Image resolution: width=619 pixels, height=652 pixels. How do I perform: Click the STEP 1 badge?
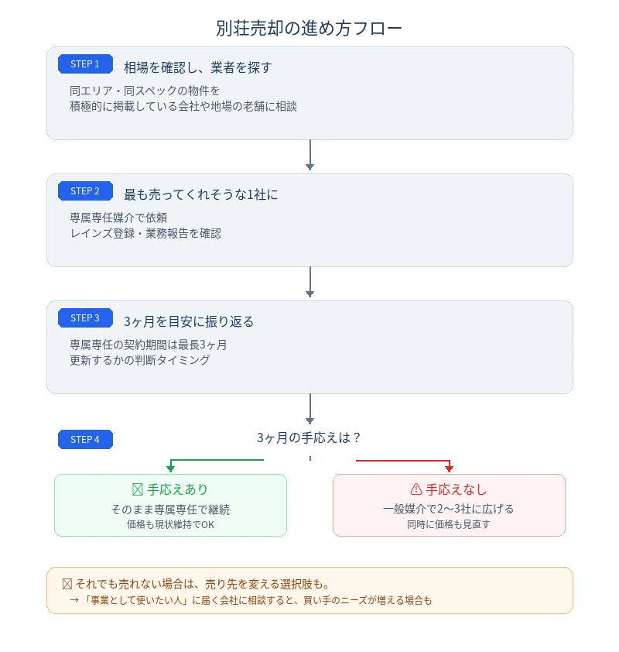point(85,64)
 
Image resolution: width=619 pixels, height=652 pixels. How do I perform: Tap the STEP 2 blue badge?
point(85,190)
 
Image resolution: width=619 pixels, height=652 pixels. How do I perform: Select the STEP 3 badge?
point(85,318)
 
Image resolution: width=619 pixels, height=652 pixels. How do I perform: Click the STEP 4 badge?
point(85,440)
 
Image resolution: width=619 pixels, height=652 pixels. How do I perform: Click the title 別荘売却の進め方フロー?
point(309,29)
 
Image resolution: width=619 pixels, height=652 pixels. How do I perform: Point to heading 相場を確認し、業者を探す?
point(198,67)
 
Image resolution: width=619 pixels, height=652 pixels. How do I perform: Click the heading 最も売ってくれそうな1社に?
point(200,194)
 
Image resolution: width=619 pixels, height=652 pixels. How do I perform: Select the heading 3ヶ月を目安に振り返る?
point(189,321)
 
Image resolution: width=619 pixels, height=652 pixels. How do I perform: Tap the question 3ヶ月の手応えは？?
point(309,438)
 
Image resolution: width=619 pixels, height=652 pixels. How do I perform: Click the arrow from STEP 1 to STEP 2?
point(310,155)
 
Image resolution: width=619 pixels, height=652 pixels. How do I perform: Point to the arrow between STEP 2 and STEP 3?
point(310,282)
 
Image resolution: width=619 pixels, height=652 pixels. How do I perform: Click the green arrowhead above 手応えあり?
point(170,469)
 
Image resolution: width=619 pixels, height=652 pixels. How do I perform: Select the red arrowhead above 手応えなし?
point(449,469)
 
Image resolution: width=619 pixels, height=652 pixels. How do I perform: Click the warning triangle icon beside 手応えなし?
point(416,489)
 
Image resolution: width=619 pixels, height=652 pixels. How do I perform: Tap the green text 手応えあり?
point(177,490)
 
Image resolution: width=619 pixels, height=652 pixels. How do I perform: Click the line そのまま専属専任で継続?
point(170,510)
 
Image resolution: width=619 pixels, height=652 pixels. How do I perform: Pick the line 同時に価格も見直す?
point(449,524)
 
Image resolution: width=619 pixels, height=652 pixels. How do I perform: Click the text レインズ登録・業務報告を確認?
point(145,233)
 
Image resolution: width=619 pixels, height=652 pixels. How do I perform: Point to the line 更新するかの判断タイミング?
point(140,360)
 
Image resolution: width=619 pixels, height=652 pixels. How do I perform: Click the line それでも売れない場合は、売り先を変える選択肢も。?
point(203,584)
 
